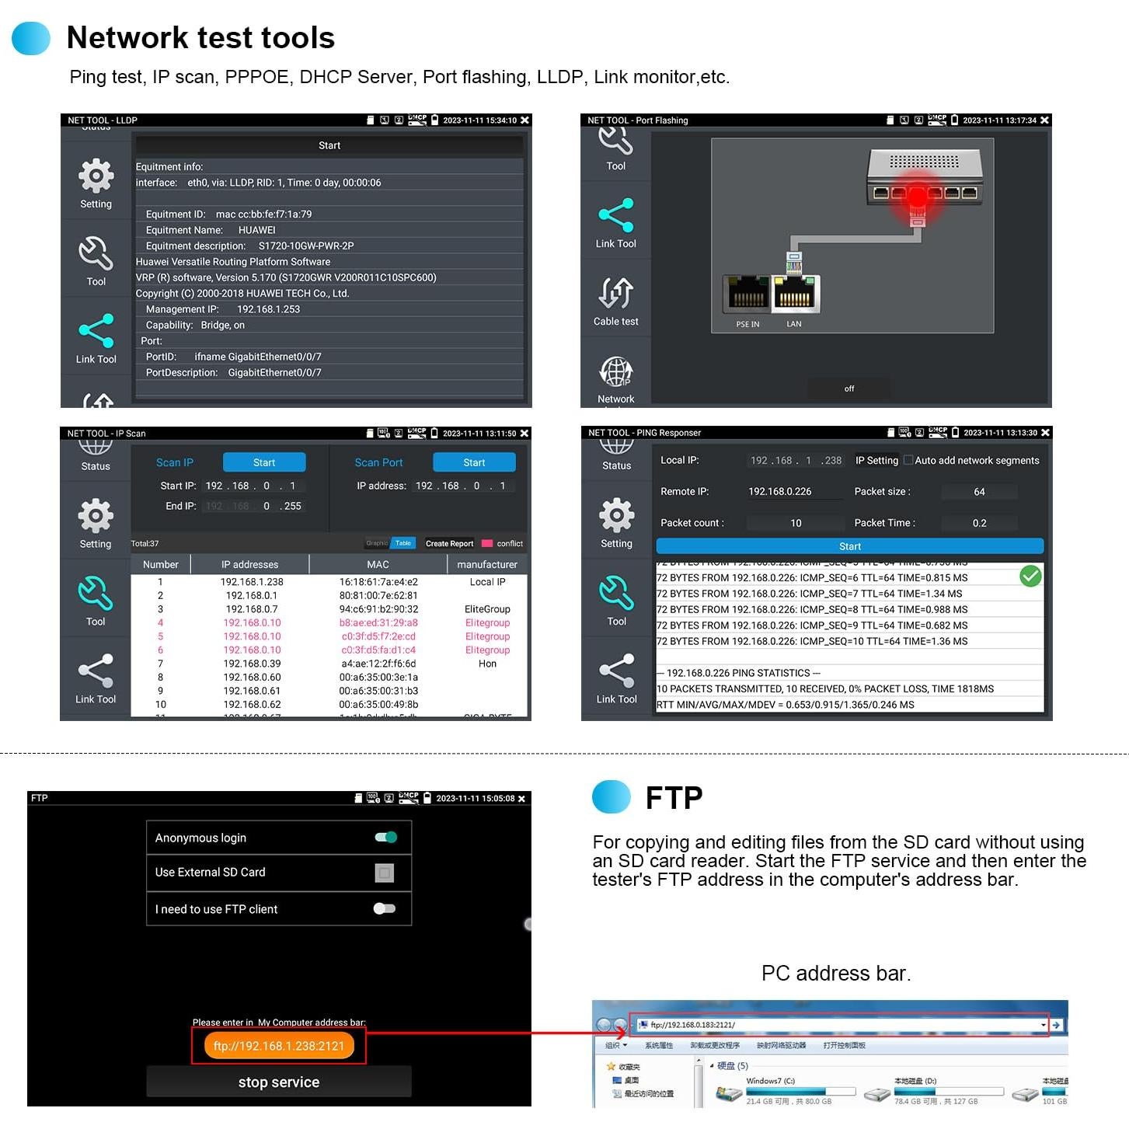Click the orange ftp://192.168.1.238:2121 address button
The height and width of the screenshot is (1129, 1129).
point(278,1046)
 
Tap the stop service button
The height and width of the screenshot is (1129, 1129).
point(278,1082)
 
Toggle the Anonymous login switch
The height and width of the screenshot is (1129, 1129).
point(385,837)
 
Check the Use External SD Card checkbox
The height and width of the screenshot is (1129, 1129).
point(384,873)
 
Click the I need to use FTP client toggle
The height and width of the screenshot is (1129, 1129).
point(384,908)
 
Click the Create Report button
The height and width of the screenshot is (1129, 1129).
point(449,543)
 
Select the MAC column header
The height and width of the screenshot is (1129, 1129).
point(378,564)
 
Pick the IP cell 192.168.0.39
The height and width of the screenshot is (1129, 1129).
point(252,664)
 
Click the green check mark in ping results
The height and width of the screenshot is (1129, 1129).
point(1030,576)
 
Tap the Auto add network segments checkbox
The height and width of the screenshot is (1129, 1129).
point(908,460)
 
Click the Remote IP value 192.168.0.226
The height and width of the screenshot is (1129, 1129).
point(779,491)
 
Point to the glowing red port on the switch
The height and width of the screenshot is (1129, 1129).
point(918,193)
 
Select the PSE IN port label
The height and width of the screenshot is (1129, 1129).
point(747,324)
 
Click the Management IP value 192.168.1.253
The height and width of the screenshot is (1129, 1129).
point(268,309)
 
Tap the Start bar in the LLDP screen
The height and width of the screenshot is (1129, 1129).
point(329,145)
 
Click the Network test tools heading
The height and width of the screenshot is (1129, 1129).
point(200,37)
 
